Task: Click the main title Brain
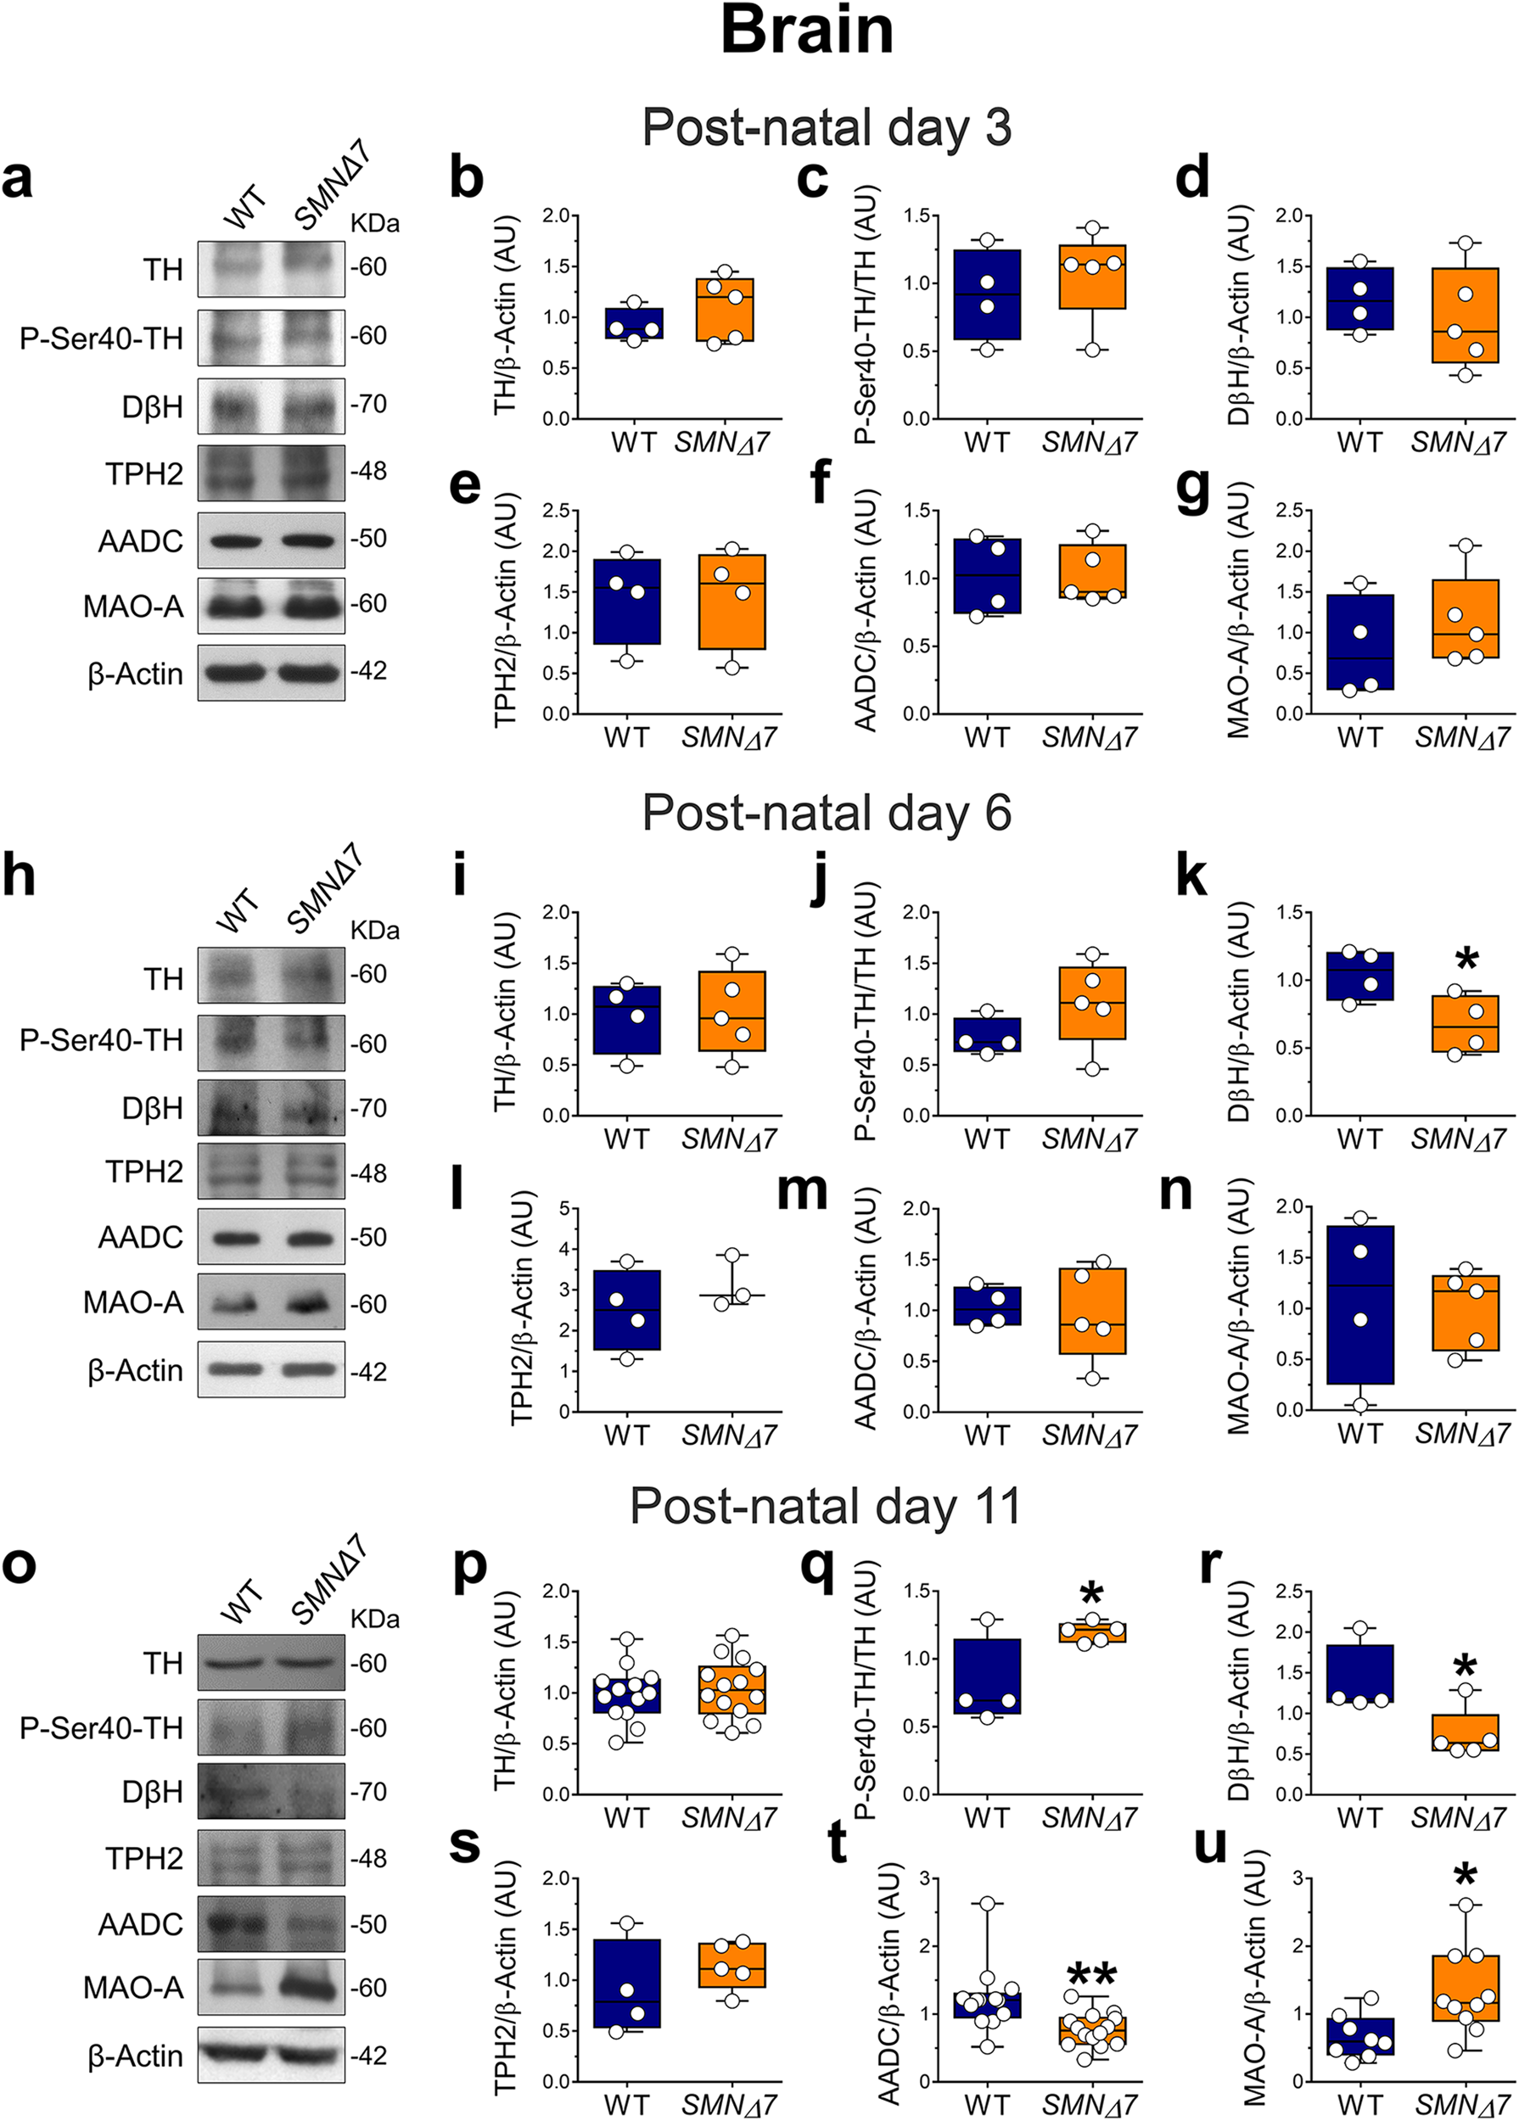pyautogui.click(x=806, y=31)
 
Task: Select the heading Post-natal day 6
pyautogui.click(x=826, y=813)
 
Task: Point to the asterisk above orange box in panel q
pyautogui.click(x=1091, y=1597)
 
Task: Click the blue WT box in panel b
pyautogui.click(x=634, y=322)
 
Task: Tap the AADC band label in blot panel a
pyautogui.click(x=140, y=541)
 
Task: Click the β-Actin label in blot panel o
pyautogui.click(x=135, y=2056)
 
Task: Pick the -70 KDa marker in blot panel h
pyautogui.click(x=368, y=1108)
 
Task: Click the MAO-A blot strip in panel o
pyautogui.click(x=271, y=1987)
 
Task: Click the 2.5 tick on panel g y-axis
pyautogui.click(x=1292, y=511)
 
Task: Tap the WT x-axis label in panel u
pyautogui.click(x=1359, y=2103)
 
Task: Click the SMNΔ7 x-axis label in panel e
pyautogui.click(x=729, y=738)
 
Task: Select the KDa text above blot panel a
pyautogui.click(x=374, y=223)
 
